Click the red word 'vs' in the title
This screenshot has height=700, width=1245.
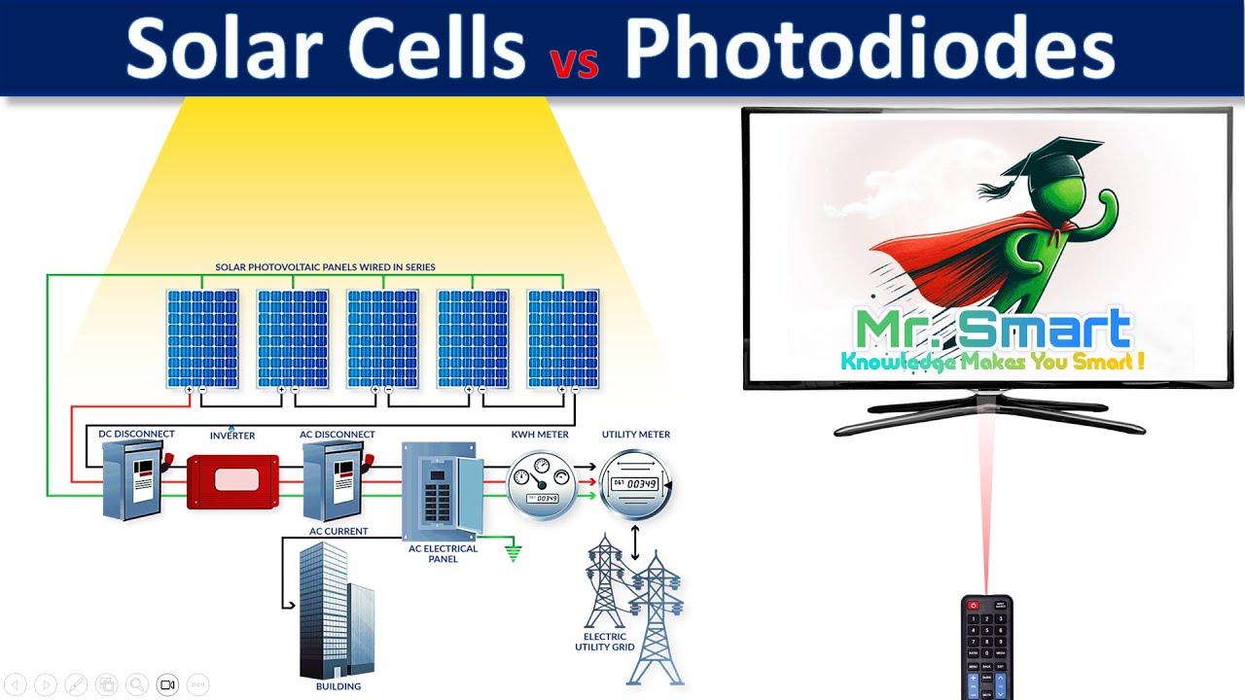click(574, 60)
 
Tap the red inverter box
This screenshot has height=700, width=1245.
click(226, 480)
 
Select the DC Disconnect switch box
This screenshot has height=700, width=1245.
click(133, 478)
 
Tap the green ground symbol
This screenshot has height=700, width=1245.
click(513, 553)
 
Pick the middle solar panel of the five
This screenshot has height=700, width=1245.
click(383, 337)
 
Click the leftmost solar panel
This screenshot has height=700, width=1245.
click(201, 337)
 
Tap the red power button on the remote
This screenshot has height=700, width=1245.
click(973, 606)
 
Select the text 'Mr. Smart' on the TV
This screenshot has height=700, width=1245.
click(992, 331)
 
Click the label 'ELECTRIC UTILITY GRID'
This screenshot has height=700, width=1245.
click(609, 642)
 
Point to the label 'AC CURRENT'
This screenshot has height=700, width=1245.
click(338, 532)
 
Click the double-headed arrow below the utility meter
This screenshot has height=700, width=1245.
click(635, 542)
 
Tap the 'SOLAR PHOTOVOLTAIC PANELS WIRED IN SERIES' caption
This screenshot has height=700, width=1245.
click(325, 266)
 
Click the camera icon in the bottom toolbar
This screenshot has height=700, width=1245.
click(167, 683)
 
